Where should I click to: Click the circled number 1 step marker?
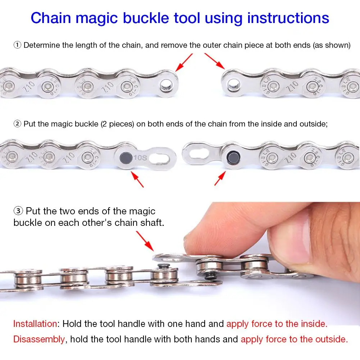point(17,45)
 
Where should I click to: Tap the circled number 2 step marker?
point(17,124)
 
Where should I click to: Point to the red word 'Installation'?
point(35,324)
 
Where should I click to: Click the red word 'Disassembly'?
point(39,339)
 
